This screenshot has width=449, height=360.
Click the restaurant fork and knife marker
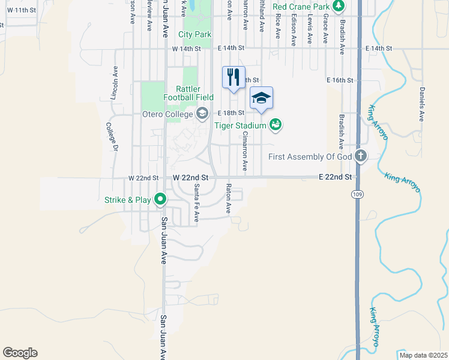pos(234,77)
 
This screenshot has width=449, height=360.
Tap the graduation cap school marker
pos(261,97)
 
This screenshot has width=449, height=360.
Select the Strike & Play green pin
pos(160,199)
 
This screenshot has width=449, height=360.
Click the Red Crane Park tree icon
pos(339,7)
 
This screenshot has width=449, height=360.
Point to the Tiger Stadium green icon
pos(276,125)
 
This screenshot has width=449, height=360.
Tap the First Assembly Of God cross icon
pos(360,157)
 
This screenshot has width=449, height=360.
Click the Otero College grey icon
pos(202,113)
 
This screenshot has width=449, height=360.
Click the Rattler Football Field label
pos(188,93)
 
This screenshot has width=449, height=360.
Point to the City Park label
pos(194,35)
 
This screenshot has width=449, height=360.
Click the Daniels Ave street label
pos(422,102)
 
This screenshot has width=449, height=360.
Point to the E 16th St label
pos(342,80)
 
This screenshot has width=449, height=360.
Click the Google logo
pos(20,353)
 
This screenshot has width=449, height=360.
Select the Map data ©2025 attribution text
pos(423,355)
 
